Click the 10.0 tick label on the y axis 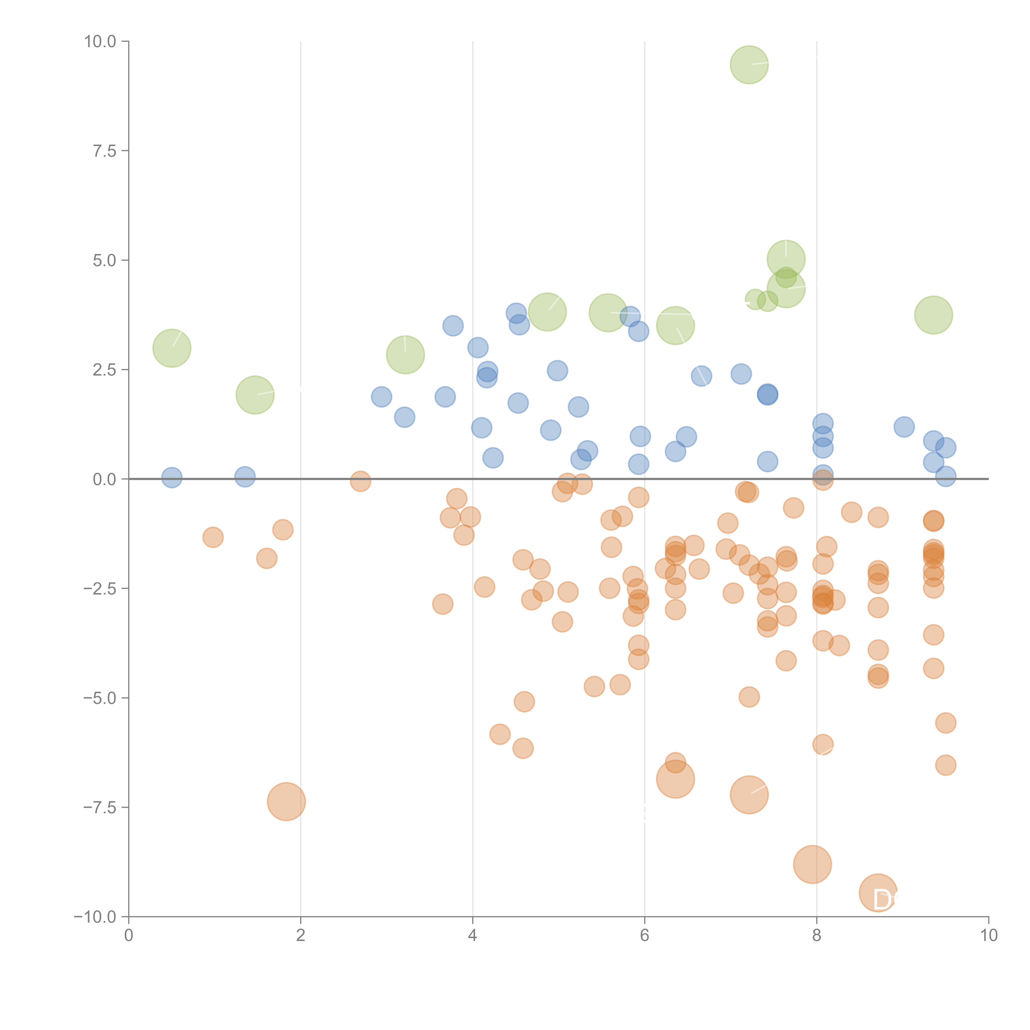[x=100, y=42]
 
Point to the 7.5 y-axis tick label [x=104, y=151]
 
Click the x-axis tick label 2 [x=301, y=936]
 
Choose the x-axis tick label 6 [x=645, y=936]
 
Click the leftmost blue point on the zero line [x=172, y=478]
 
